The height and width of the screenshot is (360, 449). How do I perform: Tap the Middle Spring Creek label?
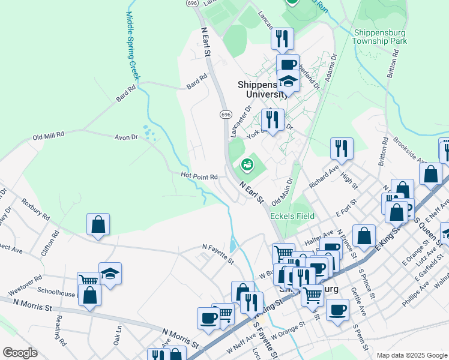tap(132, 46)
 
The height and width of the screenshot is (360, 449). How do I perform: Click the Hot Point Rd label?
tap(199, 176)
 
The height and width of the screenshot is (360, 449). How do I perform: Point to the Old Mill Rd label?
tap(49, 136)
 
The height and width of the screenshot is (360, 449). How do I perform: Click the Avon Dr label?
tap(126, 137)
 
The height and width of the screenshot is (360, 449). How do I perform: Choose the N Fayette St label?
tap(217, 252)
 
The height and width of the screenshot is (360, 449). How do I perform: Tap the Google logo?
tap(19, 353)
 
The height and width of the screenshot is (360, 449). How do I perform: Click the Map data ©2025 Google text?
tap(411, 355)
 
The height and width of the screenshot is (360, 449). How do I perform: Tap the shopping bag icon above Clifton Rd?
tap(98, 224)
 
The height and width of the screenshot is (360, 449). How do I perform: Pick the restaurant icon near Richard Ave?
tap(342, 148)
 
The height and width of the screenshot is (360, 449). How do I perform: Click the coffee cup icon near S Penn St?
tap(337, 310)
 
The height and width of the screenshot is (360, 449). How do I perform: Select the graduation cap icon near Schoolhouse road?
tap(110, 273)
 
